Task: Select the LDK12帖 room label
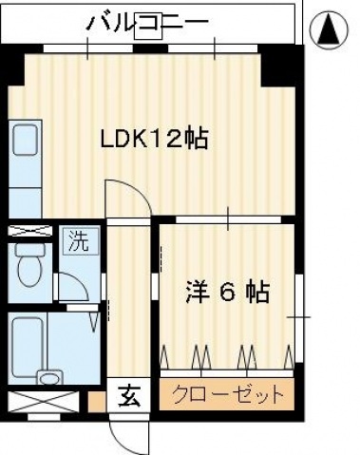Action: point(155,139)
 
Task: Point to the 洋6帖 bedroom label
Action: point(226,292)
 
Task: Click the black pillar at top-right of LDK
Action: point(280,64)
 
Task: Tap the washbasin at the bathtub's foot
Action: point(49,377)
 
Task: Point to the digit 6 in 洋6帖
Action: point(226,292)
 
